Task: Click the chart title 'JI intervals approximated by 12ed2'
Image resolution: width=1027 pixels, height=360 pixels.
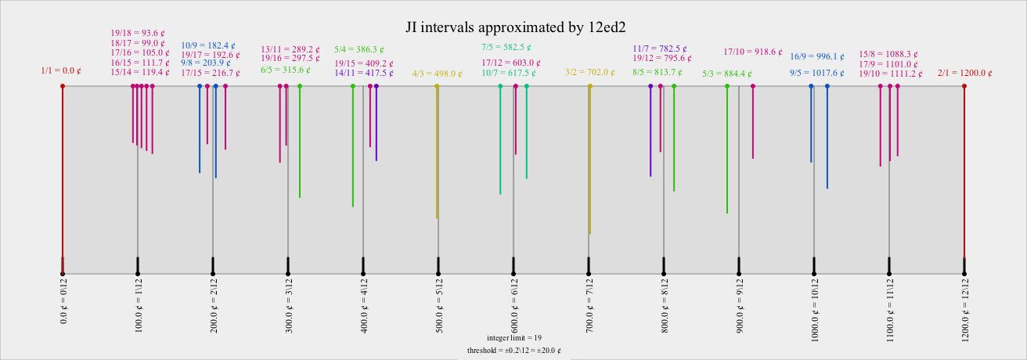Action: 514,27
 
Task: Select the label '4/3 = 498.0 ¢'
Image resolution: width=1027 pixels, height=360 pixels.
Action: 438,74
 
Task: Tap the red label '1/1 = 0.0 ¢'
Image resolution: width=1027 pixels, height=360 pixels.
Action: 61,70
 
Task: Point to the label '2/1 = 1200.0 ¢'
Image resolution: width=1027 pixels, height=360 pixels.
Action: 964,72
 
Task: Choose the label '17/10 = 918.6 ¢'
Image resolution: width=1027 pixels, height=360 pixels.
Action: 752,52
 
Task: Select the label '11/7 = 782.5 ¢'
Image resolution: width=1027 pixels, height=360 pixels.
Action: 661,49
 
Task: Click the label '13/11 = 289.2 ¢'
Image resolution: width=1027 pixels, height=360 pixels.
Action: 290,49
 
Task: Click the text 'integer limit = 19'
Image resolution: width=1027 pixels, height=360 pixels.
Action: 514,337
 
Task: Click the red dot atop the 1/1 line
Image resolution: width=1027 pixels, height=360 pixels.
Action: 63,86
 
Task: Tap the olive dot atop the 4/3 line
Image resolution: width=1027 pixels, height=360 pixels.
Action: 437,86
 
